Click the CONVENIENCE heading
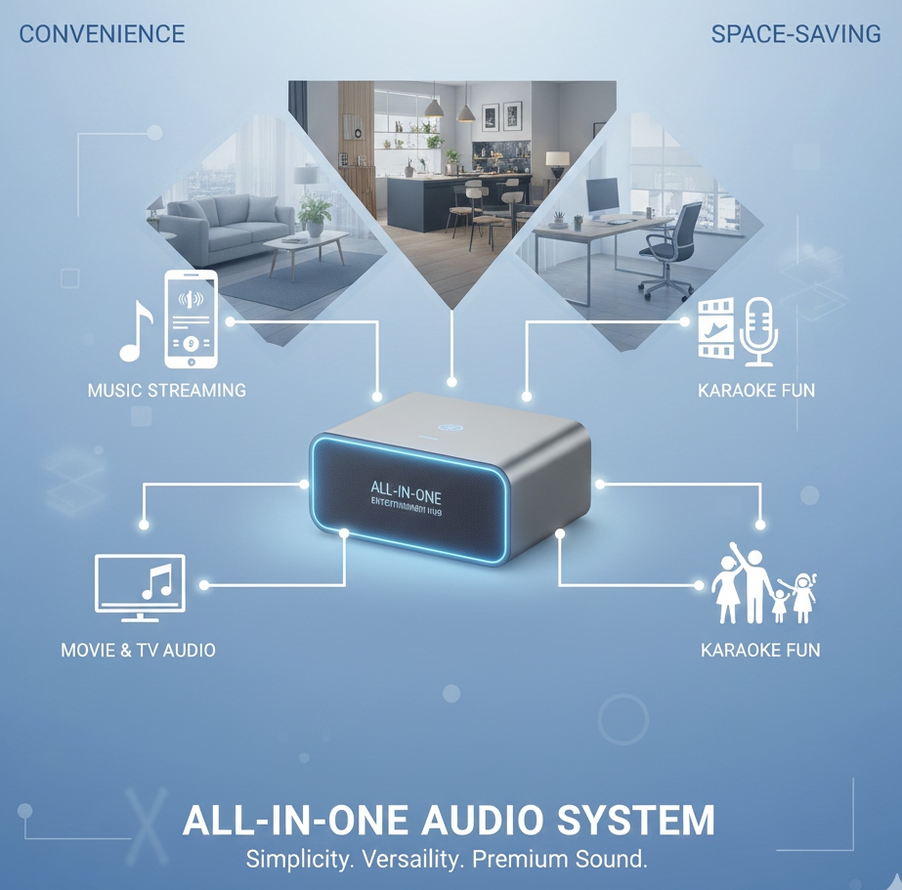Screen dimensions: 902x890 pyautogui.click(x=102, y=34)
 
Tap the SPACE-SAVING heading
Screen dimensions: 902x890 pyautogui.click(x=795, y=34)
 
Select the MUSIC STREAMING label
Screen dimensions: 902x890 pyautogui.click(x=166, y=391)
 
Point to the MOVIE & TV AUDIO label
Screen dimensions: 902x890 pyautogui.click(x=138, y=650)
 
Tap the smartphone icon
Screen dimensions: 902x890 pyautogui.click(x=192, y=318)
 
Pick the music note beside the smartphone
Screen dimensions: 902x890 pyautogui.click(x=136, y=331)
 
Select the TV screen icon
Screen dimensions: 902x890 pyautogui.click(x=140, y=586)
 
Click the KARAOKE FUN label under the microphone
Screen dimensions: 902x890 pyautogui.click(x=756, y=391)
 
